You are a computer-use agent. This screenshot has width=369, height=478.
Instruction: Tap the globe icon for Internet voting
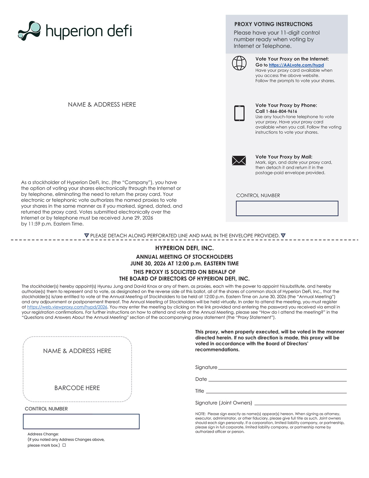pyautogui.click(x=239, y=63)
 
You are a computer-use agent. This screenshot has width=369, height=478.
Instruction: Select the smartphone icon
pyautogui.click(x=239, y=113)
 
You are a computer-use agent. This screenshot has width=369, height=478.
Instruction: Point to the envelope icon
pyautogui.click(x=239, y=160)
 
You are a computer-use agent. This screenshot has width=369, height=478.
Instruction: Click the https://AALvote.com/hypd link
pyautogui.click(x=296, y=65)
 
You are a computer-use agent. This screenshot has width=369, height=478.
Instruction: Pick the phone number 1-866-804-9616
pyautogui.click(x=281, y=112)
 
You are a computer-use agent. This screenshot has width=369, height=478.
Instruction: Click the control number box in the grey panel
pyautogui.click(x=287, y=208)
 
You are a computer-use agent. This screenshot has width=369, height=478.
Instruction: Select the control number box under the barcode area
pyautogui.click(x=81, y=422)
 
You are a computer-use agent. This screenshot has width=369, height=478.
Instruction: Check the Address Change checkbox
pyautogui.click(x=64, y=445)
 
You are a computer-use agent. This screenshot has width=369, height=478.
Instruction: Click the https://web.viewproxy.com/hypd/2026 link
pyautogui.click(x=67, y=307)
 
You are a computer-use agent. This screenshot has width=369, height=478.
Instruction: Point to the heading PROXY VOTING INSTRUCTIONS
pyautogui.click(x=273, y=24)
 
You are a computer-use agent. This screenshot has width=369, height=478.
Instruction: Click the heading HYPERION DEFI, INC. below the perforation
pyautogui.click(x=184, y=248)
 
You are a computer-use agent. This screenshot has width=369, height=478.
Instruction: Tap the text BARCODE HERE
pyautogui.click(x=77, y=388)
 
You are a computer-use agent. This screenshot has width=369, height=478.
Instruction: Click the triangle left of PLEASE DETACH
pyautogui.click(x=87, y=236)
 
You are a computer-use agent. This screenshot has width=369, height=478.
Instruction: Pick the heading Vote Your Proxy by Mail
pyautogui.click(x=284, y=157)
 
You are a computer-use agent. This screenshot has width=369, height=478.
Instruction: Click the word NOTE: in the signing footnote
pyautogui.click(x=200, y=414)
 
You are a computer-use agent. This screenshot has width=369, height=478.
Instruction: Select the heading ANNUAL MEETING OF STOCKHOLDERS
pyautogui.click(x=184, y=257)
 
